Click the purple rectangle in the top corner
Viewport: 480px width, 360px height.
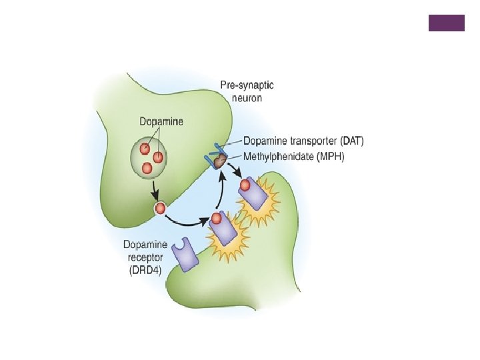click(446, 23)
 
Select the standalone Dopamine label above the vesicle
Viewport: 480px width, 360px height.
click(161, 122)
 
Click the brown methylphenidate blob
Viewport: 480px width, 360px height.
click(220, 162)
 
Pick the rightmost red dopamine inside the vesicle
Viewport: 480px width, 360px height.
click(159, 157)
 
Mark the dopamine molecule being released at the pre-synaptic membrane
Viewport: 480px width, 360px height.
click(160, 209)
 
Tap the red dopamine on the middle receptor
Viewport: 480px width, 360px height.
click(217, 218)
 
